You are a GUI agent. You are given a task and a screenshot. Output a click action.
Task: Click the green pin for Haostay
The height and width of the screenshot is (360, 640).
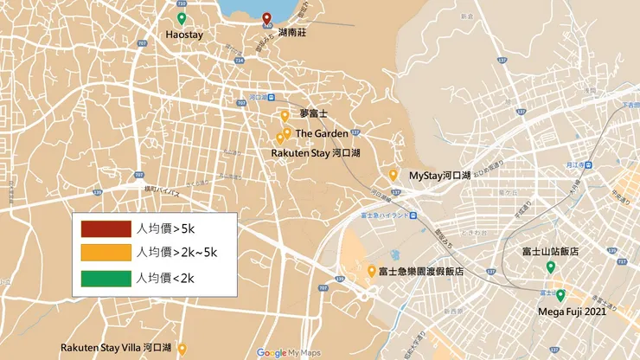click(x=181, y=18)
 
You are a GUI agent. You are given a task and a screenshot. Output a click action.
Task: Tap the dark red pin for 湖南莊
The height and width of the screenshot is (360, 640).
click(x=266, y=19)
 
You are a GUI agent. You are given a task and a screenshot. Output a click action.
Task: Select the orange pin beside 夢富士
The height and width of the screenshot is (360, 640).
click(x=285, y=114)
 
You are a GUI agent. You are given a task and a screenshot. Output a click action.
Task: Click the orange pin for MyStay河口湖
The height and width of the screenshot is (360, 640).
click(x=394, y=175)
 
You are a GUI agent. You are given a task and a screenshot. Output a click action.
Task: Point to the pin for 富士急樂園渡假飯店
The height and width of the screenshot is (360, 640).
click(x=371, y=271)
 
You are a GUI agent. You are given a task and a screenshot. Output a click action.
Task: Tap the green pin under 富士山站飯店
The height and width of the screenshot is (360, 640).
click(x=550, y=267)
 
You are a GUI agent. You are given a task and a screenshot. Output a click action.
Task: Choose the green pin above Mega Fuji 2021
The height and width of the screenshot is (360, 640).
click(x=560, y=295)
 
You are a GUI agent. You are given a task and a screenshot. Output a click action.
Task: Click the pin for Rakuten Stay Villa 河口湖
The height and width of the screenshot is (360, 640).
click(x=182, y=348)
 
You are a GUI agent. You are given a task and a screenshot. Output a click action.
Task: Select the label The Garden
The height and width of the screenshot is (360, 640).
click(x=322, y=133)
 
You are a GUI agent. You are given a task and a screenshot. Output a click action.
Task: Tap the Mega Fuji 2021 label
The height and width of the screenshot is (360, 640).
click(x=573, y=311)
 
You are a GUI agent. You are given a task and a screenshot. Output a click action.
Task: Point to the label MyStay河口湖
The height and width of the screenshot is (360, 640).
click(x=439, y=176)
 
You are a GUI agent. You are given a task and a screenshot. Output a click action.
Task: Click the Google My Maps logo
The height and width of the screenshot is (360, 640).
click(x=289, y=352)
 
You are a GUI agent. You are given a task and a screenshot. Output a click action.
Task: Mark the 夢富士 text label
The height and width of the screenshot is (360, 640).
click(x=314, y=114)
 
